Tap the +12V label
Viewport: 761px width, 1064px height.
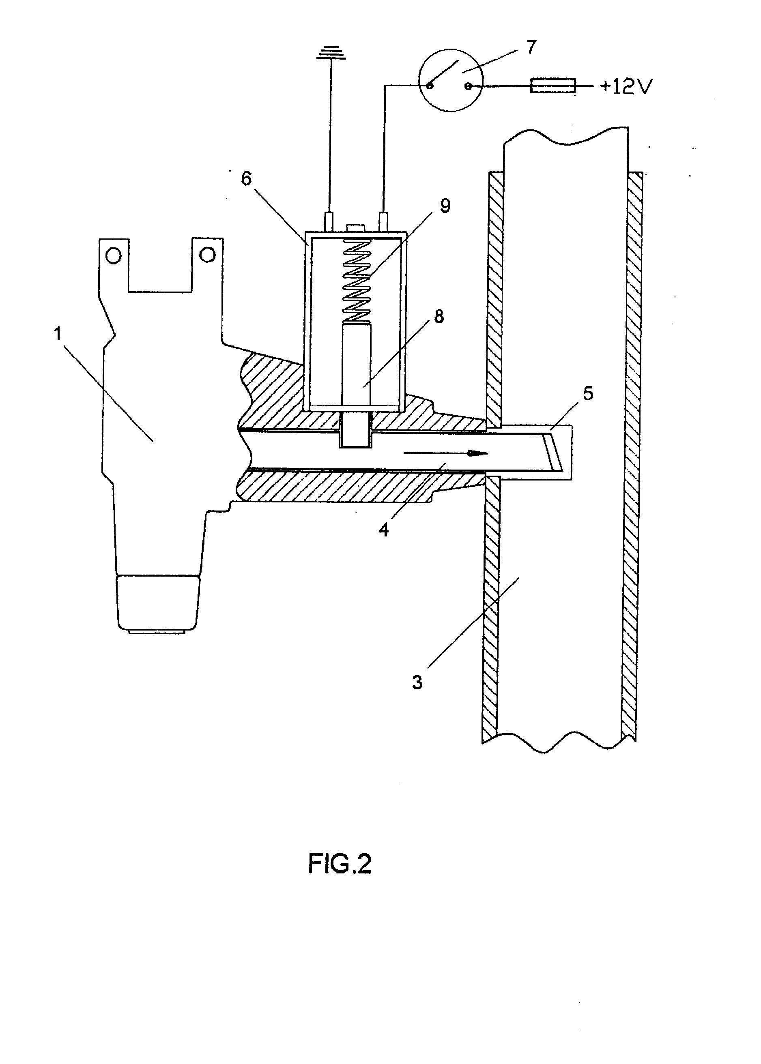pyautogui.click(x=625, y=87)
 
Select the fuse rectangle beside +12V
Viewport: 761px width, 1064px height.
pyautogui.click(x=552, y=86)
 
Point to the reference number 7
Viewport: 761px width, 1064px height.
pyautogui.click(x=531, y=47)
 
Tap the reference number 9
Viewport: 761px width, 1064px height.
pyautogui.click(x=445, y=205)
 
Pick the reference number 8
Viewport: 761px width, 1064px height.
pyautogui.click(x=439, y=317)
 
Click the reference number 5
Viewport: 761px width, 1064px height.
pyautogui.click(x=588, y=393)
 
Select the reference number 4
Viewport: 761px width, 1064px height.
pyautogui.click(x=384, y=530)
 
